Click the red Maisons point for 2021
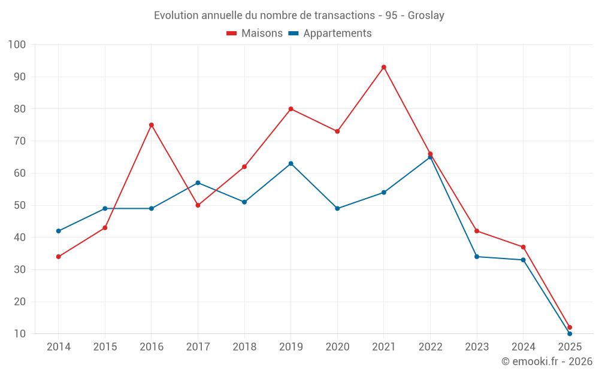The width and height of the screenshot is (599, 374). (x=384, y=67)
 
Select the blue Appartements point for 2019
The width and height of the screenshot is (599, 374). (x=291, y=163)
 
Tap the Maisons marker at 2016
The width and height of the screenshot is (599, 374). (x=152, y=125)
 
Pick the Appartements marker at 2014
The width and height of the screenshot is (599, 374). (x=59, y=231)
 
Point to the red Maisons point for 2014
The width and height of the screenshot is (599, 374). (x=59, y=257)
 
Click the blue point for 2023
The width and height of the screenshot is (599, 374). (x=477, y=257)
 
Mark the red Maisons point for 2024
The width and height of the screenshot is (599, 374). (x=524, y=247)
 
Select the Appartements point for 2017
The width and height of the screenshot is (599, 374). (x=198, y=183)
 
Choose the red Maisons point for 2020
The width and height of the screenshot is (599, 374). (x=337, y=131)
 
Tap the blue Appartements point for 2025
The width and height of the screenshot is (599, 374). (x=570, y=333)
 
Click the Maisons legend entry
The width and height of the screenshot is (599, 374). (x=255, y=34)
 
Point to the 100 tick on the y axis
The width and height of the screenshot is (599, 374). (x=17, y=45)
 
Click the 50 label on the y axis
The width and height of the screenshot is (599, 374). (x=20, y=205)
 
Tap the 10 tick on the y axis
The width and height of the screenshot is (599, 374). (x=20, y=334)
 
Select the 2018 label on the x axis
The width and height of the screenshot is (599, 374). (x=244, y=347)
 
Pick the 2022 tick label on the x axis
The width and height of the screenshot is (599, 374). (x=430, y=347)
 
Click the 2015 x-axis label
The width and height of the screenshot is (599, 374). (x=105, y=347)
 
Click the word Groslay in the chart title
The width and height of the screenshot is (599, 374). (x=426, y=16)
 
